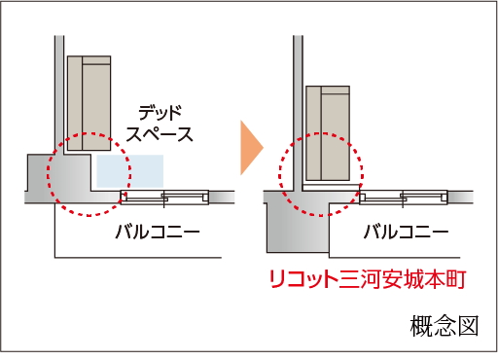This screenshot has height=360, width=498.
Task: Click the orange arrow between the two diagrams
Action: click(x=251, y=148)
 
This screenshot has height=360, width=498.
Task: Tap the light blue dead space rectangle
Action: click(x=129, y=171)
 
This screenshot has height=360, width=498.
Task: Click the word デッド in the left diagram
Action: click(x=160, y=113)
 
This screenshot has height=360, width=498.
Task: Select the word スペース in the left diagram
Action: click(x=160, y=134)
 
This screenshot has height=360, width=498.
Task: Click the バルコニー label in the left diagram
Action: click(x=158, y=232)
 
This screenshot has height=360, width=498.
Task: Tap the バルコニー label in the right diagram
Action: click(x=406, y=232)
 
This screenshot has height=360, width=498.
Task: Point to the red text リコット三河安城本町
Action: click(x=368, y=279)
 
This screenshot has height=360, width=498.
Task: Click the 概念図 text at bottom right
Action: click(x=445, y=326)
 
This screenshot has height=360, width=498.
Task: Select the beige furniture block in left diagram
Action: click(x=89, y=103)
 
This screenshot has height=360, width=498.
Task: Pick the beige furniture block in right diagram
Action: click(x=328, y=133)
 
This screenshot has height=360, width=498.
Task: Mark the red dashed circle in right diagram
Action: click(x=279, y=175)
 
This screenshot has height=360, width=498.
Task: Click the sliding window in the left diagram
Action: click(x=164, y=198)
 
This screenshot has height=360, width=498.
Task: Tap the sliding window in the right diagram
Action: click(x=404, y=198)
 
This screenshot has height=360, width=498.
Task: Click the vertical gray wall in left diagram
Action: click(x=59, y=94)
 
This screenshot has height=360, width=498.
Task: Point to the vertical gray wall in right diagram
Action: click(x=299, y=113)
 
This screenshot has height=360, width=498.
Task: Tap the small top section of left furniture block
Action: click(x=96, y=60)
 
